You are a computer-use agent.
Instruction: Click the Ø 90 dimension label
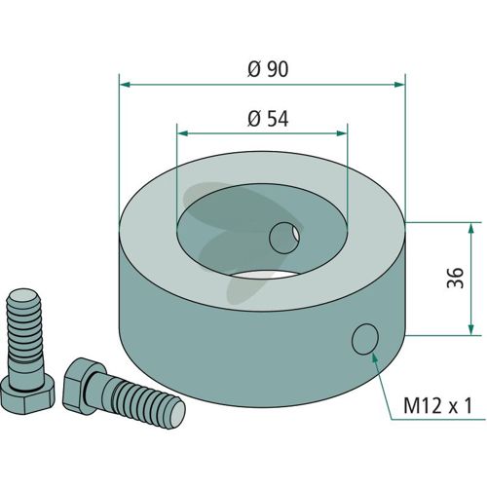[268, 69]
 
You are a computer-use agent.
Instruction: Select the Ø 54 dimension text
[268, 119]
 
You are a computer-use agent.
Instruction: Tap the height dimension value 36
[455, 278]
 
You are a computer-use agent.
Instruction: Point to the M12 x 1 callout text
[437, 406]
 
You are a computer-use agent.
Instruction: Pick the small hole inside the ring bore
[284, 238]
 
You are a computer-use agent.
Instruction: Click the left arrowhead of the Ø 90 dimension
[126, 85]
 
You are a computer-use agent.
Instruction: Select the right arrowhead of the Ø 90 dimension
[399, 85]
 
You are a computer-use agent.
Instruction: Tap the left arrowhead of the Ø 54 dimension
[183, 133]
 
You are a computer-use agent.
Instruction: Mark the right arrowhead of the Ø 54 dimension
[342, 133]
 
